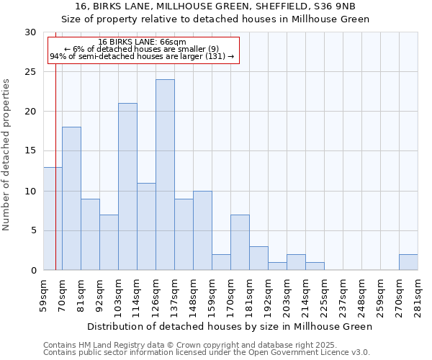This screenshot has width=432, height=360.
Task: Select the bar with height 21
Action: click(127, 186)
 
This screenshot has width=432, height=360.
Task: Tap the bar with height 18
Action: click(71, 199)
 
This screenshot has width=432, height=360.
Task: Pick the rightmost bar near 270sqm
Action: click(408, 262)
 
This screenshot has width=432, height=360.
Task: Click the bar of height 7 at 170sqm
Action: click(240, 243)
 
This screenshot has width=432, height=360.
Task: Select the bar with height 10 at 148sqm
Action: click(202, 230)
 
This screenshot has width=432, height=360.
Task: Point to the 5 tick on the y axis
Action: click(33, 231)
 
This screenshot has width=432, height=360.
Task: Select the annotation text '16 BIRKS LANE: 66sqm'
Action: click(142, 42)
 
